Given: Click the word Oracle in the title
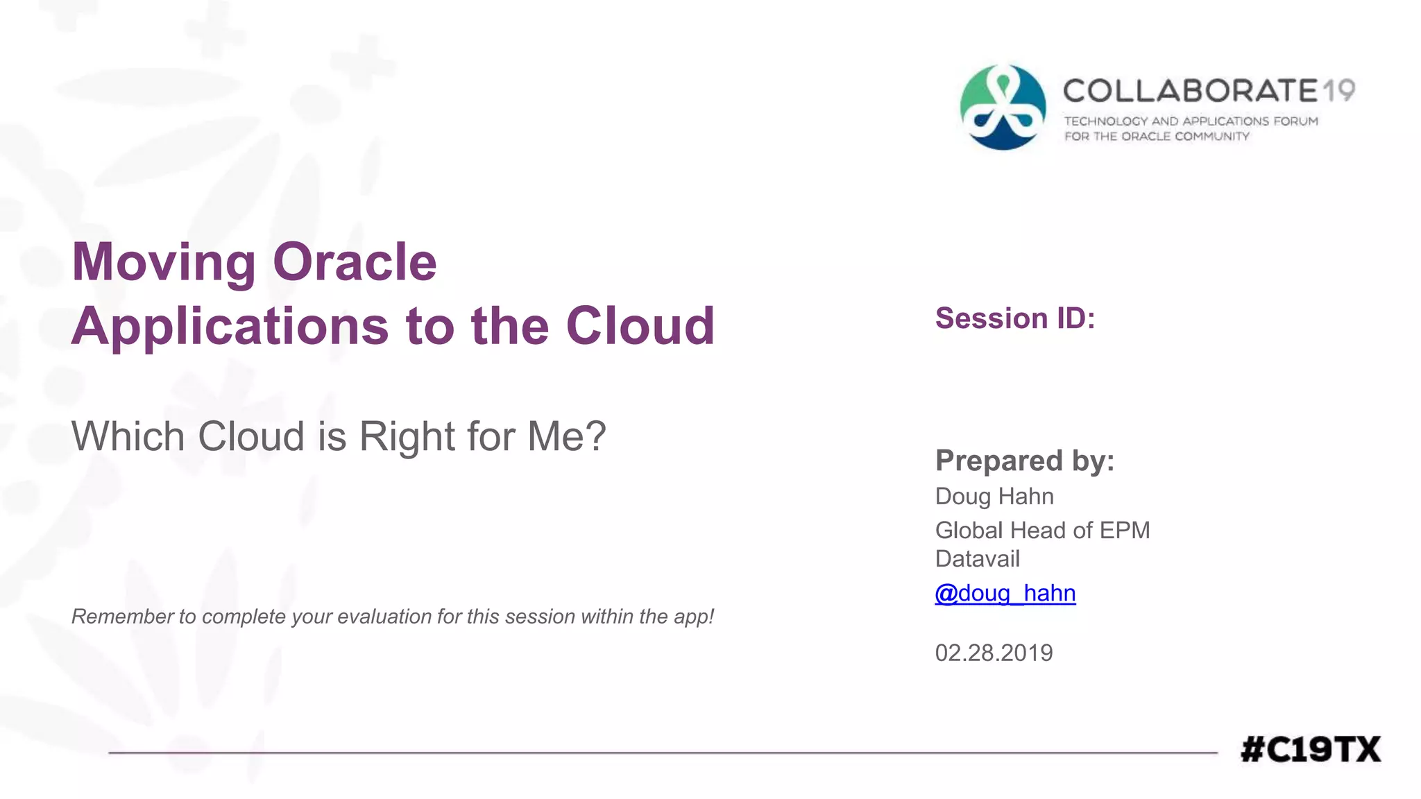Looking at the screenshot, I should click(x=355, y=262).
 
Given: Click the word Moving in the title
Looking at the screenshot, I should click(x=164, y=262).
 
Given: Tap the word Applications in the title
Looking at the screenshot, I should click(x=230, y=326).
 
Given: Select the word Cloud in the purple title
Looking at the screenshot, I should click(x=640, y=326).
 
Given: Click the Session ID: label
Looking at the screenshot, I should click(x=1014, y=318).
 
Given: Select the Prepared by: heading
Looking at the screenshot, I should click(x=1024, y=461).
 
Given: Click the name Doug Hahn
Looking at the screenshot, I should click(x=994, y=497).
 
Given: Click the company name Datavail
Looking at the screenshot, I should click(x=977, y=559).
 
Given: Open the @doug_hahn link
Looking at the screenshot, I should click(x=1005, y=594).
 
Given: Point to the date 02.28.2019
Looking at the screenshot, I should click(x=994, y=653).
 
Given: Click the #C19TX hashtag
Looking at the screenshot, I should click(x=1310, y=750).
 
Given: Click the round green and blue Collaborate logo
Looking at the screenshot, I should click(x=1003, y=108).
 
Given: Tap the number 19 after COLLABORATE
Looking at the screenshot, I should click(x=1338, y=91).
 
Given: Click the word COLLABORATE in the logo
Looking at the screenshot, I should click(x=1189, y=91).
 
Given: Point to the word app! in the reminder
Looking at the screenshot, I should click(x=694, y=617).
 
